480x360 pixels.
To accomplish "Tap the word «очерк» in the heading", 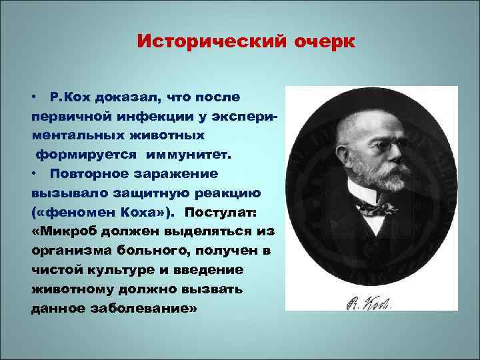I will [x=323, y=42].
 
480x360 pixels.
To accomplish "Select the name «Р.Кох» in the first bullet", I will [x=71, y=97].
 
